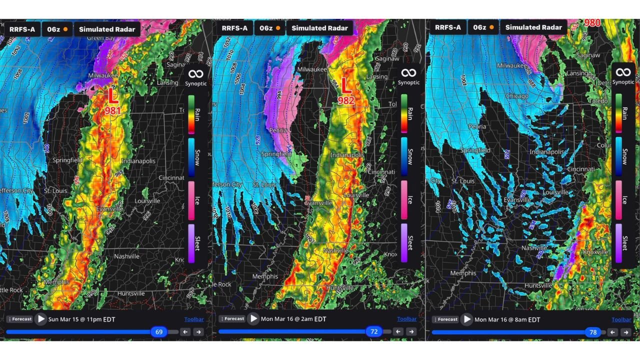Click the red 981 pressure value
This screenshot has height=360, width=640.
click(x=112, y=110)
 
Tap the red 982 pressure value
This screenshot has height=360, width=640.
click(x=345, y=100)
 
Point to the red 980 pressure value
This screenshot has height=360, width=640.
click(x=592, y=23)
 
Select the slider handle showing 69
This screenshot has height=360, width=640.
click(x=159, y=331)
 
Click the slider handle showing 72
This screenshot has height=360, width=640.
click(x=373, y=331)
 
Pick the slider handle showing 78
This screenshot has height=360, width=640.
click(x=593, y=331)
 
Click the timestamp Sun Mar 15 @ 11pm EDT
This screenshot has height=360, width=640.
click(x=81, y=319)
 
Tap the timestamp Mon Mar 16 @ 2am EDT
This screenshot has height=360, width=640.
click(x=293, y=319)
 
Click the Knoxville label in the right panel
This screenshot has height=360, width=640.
click(x=595, y=252)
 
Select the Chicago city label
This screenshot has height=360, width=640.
click(x=516, y=96)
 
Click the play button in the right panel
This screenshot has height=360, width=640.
click(x=467, y=319)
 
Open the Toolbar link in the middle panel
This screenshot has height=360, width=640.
click(x=406, y=319)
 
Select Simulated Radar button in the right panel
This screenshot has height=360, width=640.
click(x=533, y=27)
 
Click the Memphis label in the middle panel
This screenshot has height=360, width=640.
click(x=265, y=276)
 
